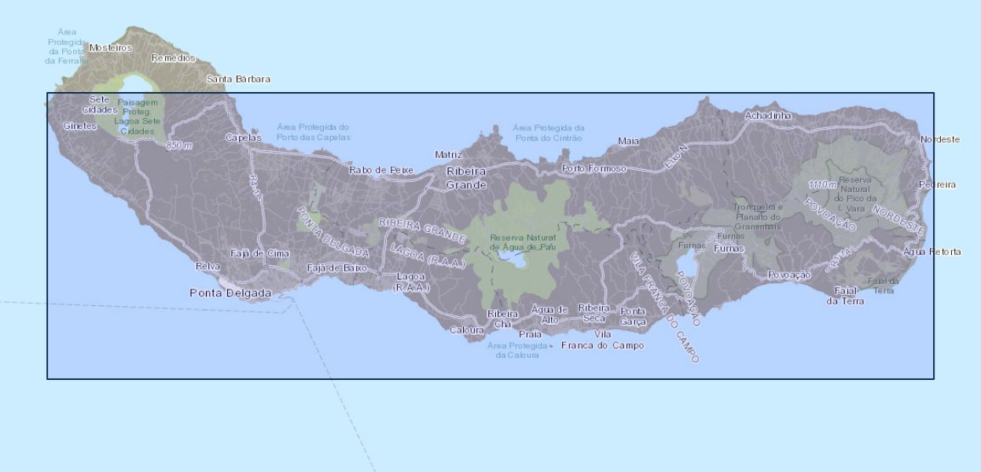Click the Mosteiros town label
[x=111, y=47]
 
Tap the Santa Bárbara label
[x=238, y=79]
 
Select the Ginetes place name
[x=80, y=126]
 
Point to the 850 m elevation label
[x=179, y=146]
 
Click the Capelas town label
[x=243, y=137]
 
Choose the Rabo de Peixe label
[x=381, y=169]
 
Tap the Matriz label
[x=449, y=155]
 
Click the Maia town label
[x=628, y=141]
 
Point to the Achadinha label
[x=769, y=116]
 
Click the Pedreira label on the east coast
[x=937, y=185]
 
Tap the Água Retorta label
[x=932, y=252]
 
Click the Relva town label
[x=208, y=266]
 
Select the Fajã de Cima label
[x=259, y=253]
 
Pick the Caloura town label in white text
[x=466, y=330]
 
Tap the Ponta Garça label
[x=633, y=316]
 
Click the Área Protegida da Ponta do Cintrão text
[x=549, y=132]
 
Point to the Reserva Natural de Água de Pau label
[x=522, y=242]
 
